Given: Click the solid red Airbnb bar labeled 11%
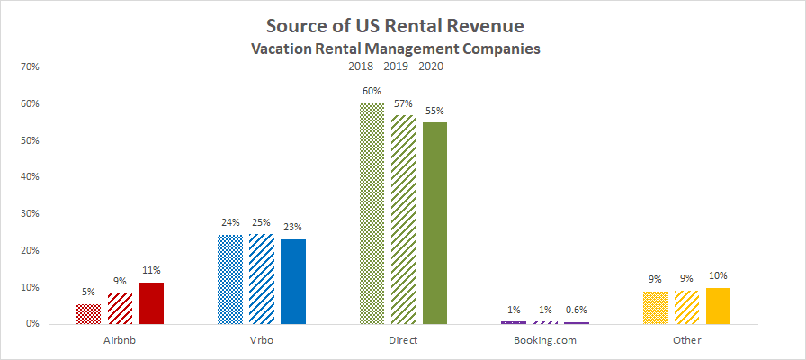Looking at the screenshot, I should pyautogui.click(x=150, y=303).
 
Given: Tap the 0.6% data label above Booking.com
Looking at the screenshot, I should pyautogui.click(x=576, y=310).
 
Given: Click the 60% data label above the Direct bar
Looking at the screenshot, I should pyautogui.click(x=372, y=91).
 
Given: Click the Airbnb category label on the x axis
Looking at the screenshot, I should pyautogui.click(x=120, y=341).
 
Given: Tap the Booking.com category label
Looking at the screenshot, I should pyautogui.click(x=544, y=341).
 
